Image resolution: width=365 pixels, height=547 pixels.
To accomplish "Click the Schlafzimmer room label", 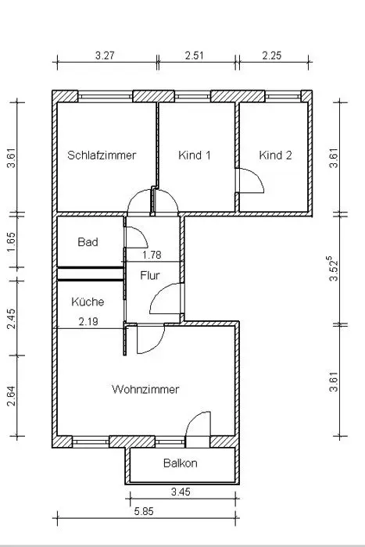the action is point(102,155).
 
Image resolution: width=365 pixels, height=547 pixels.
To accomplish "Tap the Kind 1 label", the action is point(195,155).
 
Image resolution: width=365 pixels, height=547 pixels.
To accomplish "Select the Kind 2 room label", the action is point(275,155).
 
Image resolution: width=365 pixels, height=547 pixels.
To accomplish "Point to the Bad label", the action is point(88,241).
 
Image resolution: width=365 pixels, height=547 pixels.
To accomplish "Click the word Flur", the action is point(150,275).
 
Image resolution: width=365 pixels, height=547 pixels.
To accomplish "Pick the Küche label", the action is point(88,302).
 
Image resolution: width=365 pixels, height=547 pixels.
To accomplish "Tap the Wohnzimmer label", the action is point(145,389).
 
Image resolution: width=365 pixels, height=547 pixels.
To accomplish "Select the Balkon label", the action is point(181,463).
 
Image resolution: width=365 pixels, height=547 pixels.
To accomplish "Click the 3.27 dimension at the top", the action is point(105,55).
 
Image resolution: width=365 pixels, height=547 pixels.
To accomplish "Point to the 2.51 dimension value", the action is point(194,55).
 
